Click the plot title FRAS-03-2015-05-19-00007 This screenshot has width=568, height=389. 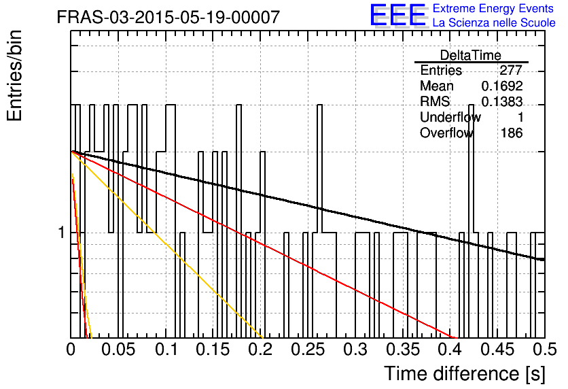click(x=168, y=17)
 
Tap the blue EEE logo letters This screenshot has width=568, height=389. click(x=397, y=15)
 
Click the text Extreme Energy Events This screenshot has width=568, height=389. click(x=493, y=8)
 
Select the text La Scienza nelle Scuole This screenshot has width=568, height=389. click(x=494, y=22)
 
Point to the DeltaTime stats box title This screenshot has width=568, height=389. click(x=471, y=55)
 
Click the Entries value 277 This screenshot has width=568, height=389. click(x=511, y=70)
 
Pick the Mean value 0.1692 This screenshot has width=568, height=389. click(x=502, y=86)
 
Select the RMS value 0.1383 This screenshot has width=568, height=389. click(x=502, y=101)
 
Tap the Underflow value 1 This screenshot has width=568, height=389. click(x=520, y=117)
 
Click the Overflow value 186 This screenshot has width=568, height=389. click(x=512, y=133)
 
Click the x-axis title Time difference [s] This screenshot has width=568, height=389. click(x=465, y=373)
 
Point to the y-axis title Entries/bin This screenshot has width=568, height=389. click(x=14, y=75)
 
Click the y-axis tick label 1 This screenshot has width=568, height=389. click(x=62, y=233)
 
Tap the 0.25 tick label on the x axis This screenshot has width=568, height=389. click(x=308, y=350)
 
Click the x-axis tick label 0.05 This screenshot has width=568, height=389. click(x=118, y=350)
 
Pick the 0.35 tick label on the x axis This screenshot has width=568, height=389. click(x=403, y=350)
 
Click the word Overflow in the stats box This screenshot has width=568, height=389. click(x=446, y=133)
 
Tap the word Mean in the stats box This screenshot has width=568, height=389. click(x=437, y=86)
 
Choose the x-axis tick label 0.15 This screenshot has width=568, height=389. click(x=213, y=350)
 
